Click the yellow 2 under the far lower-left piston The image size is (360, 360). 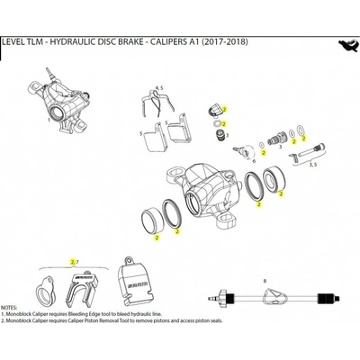[x=157, y=238]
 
